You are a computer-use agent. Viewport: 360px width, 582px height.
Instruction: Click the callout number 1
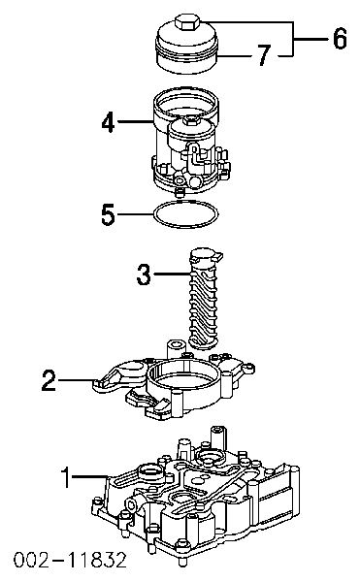tap(66, 477)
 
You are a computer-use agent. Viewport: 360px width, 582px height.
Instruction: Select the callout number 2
tap(48, 381)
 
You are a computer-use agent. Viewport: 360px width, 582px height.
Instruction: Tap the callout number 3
tap(144, 275)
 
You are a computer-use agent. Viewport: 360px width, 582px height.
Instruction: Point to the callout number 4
tap(109, 123)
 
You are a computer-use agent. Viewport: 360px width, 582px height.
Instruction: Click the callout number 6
tap(339, 40)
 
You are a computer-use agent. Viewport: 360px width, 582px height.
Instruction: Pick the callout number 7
tap(261, 57)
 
